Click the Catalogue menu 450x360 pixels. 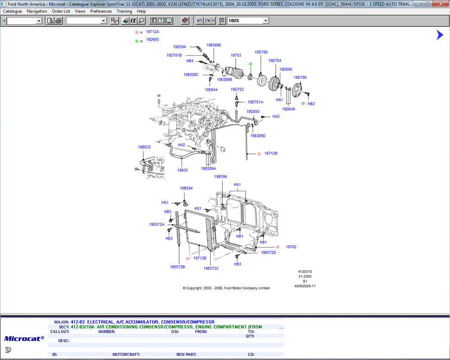pyautogui.click(x=12, y=11)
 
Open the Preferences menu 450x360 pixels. pyautogui.click(x=101, y=11)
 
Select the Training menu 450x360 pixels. pyautogui.click(x=124, y=11)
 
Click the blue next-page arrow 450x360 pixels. pyautogui.click(x=440, y=35)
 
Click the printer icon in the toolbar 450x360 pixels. pyautogui.click(x=58, y=21)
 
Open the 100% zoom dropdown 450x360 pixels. pyautogui.click(x=265, y=21)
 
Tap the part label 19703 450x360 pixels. pyautogui.click(x=236, y=55)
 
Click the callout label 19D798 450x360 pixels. pyautogui.click(x=261, y=52)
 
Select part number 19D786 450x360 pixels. pyautogui.click(x=300, y=77)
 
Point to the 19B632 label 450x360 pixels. pyautogui.click(x=144, y=147)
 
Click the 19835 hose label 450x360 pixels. pyautogui.click(x=182, y=170)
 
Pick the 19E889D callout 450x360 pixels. pyautogui.click(x=258, y=135)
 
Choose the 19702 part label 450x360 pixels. pyautogui.click(x=291, y=247)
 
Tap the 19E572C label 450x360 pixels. pyautogui.click(x=211, y=268)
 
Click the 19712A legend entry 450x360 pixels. pyautogui.click(x=153, y=31)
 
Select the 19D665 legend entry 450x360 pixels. pyautogui.click(x=153, y=39)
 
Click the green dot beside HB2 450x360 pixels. pyautogui.click(x=303, y=103)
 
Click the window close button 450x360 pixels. pyautogui.click(x=441, y=4)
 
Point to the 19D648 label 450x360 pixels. pyautogui.click(x=288, y=109)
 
